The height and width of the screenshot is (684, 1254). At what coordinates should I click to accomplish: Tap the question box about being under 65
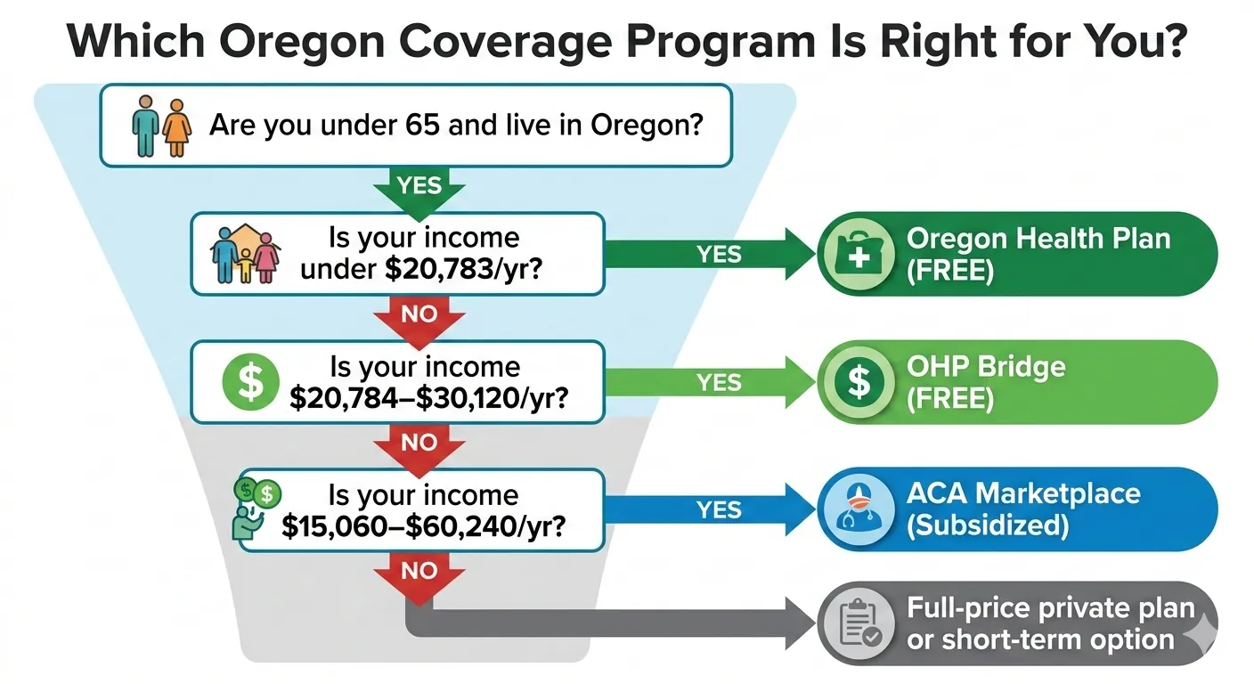[415, 125]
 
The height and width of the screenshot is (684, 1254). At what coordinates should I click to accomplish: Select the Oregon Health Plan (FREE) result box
[1016, 254]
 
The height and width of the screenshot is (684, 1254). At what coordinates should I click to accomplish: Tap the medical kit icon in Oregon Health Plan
[859, 254]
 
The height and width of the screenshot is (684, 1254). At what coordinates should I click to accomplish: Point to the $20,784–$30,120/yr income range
[429, 397]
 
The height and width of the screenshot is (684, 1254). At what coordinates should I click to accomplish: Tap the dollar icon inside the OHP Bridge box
[859, 382]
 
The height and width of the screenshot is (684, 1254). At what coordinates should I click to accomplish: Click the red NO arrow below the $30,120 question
[419, 444]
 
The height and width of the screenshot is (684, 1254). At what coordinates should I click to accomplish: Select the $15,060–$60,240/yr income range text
[423, 526]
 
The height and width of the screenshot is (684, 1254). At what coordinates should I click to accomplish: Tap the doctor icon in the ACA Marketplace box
[859, 510]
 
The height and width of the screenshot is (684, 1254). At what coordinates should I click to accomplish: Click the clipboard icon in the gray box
[859, 625]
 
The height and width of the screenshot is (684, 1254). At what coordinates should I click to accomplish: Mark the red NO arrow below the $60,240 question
[419, 574]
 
